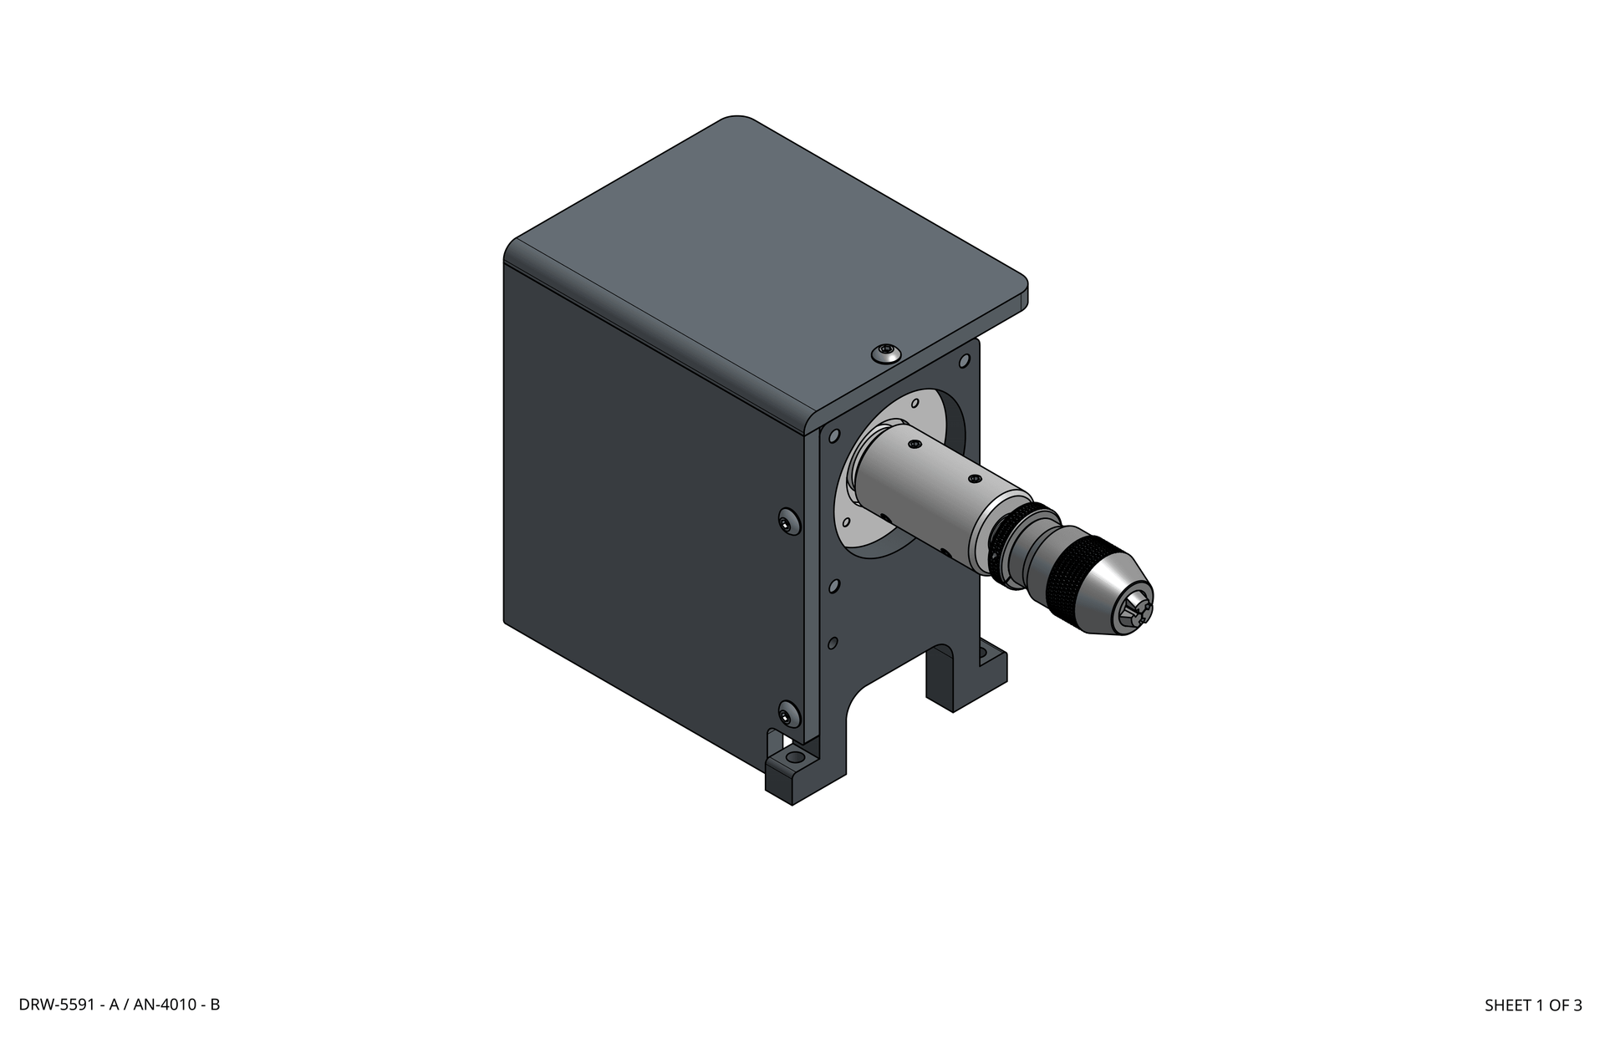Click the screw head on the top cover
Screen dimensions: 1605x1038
pyautogui.click(x=886, y=353)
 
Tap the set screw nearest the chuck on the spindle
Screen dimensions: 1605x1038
pyautogui.click(x=973, y=479)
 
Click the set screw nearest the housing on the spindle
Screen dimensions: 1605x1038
pyautogui.click(x=914, y=444)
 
